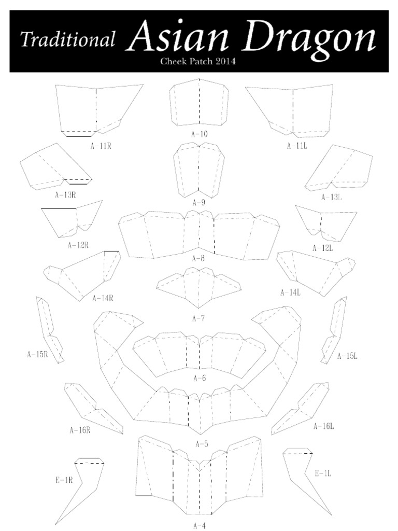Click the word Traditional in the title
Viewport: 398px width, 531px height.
(x=67, y=39)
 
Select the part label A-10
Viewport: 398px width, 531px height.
(x=200, y=134)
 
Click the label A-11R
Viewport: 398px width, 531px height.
(x=101, y=146)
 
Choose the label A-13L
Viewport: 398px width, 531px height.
(x=331, y=197)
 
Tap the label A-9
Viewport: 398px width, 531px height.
(x=198, y=203)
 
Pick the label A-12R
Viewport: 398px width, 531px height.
(x=78, y=245)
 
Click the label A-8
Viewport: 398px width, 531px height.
(x=198, y=258)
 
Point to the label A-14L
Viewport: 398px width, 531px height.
(x=290, y=292)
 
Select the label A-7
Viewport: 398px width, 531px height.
(x=198, y=318)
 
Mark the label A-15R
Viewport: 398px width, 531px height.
(x=37, y=355)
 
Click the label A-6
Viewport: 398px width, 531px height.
(x=200, y=378)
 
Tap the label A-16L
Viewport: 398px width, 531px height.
(x=323, y=426)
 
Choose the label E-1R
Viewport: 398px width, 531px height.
(x=64, y=480)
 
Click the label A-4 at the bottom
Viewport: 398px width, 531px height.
(x=200, y=526)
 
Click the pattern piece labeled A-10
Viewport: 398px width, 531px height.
(x=200, y=103)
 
